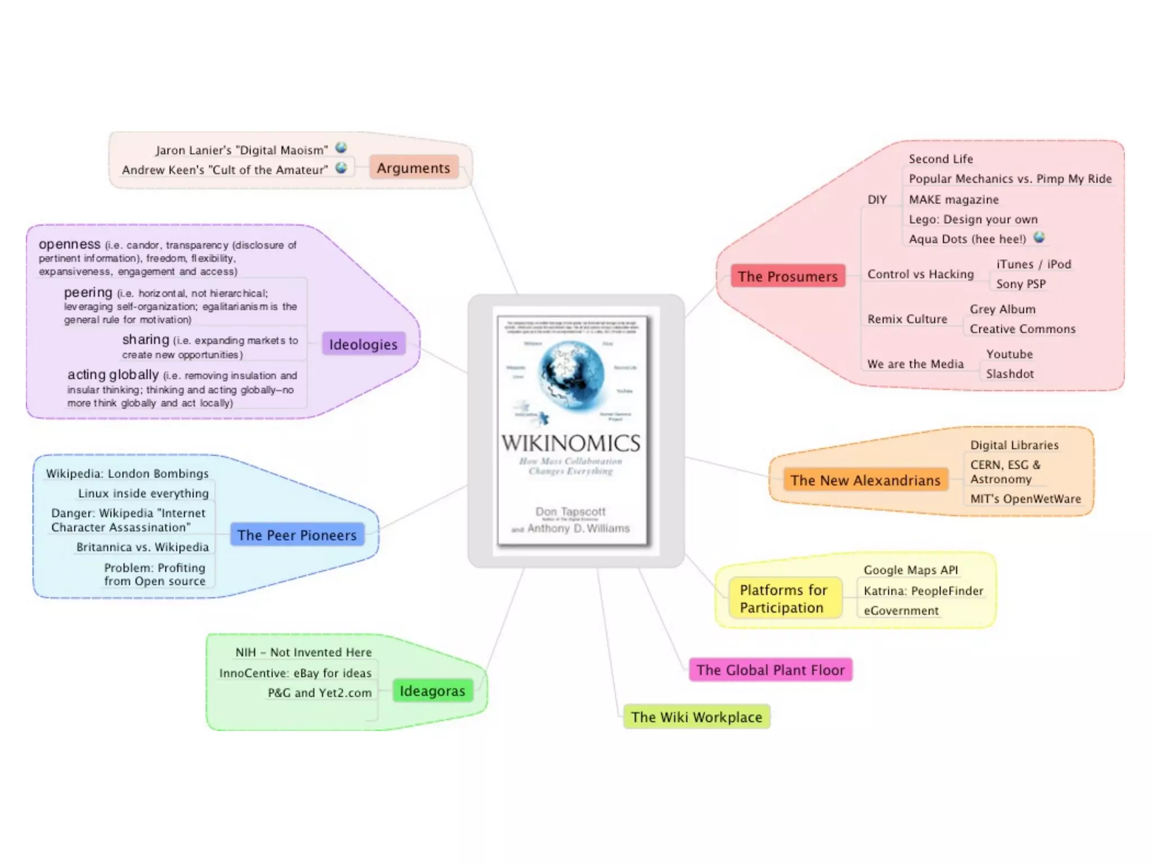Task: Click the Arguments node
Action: point(413,168)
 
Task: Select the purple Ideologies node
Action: point(363,344)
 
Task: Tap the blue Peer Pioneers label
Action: point(297,535)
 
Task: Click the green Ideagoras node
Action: point(432,691)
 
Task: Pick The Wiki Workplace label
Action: point(696,717)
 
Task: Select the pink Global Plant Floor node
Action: point(770,670)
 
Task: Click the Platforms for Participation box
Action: point(784,598)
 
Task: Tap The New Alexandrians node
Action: point(865,480)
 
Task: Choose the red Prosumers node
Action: point(787,276)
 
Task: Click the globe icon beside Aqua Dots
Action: point(1039,237)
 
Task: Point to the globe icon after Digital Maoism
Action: point(341,148)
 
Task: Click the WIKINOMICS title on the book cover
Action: point(570,444)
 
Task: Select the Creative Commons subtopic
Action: point(1022,329)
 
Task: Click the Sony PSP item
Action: point(1020,284)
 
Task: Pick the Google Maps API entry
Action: point(910,570)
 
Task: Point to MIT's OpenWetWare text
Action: point(1025,499)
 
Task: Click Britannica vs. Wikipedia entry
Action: point(142,547)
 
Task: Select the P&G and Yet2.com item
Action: point(319,693)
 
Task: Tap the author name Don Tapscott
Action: point(570,511)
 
